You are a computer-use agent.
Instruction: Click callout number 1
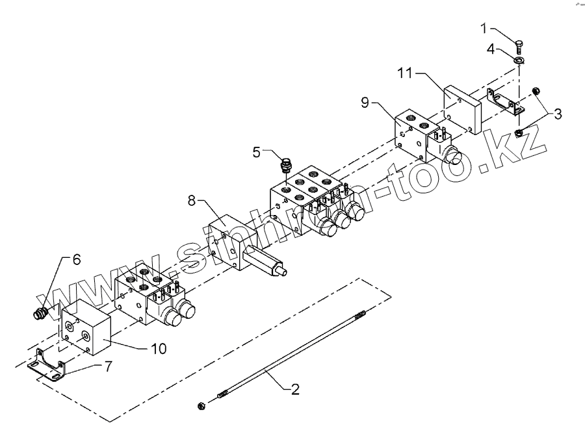[484, 28]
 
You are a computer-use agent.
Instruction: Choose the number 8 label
[192, 202]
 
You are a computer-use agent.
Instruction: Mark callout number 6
[76, 260]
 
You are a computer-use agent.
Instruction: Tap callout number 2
[295, 390]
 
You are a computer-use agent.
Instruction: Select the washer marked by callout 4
[519, 60]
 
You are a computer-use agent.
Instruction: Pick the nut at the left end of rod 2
[201, 406]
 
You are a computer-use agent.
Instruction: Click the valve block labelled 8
[233, 241]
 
